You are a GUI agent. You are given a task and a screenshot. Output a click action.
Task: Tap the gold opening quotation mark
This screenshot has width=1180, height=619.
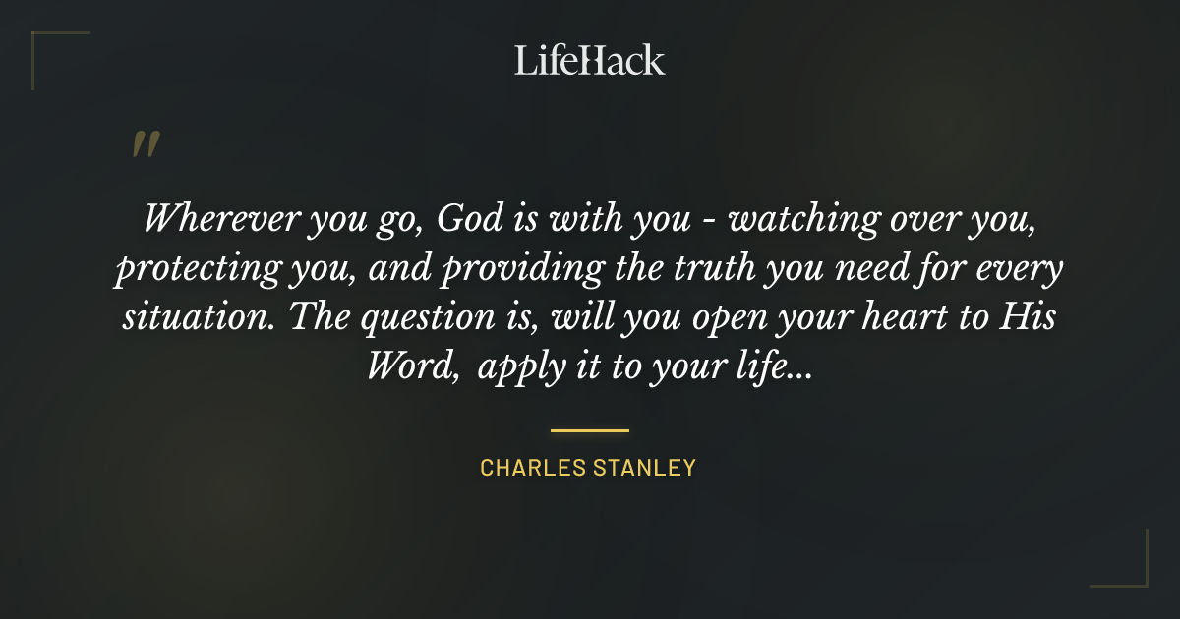tap(146, 144)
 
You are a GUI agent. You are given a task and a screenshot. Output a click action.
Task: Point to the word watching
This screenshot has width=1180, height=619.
tap(790, 219)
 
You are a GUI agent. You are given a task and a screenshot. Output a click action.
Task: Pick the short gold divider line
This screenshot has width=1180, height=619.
tap(589, 430)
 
